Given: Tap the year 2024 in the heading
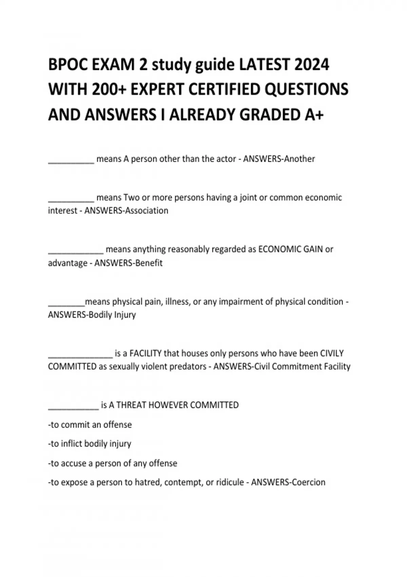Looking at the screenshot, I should [x=311, y=64].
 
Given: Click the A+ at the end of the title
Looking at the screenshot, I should [x=314, y=115].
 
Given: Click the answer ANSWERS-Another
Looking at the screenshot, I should [x=279, y=159].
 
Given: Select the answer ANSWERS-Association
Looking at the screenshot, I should [x=126, y=211].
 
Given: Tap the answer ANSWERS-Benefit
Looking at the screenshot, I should [x=128, y=263].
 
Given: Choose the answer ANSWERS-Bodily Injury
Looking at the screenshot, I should [x=92, y=315].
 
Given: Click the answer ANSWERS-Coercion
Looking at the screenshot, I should [x=288, y=482].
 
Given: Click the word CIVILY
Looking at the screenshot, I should [x=332, y=353].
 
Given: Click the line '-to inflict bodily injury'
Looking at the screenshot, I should [x=90, y=444].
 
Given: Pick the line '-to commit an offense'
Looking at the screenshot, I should [x=90, y=425].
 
